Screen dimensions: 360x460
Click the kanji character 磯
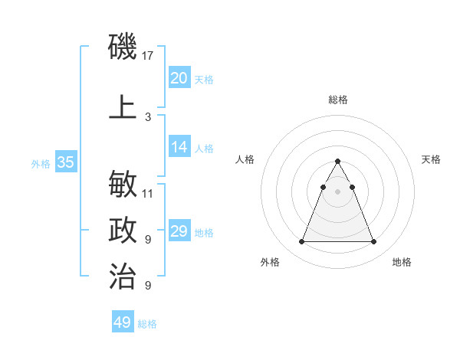(x=123, y=47)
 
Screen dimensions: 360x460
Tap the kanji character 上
(x=123, y=107)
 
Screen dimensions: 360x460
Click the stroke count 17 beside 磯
(x=148, y=56)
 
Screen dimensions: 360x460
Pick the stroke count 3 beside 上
(x=148, y=116)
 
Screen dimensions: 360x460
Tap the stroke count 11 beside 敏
(x=148, y=193)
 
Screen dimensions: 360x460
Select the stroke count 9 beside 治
(x=148, y=286)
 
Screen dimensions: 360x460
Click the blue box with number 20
(x=179, y=77)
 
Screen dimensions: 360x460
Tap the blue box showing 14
(x=179, y=147)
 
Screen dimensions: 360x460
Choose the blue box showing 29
(x=179, y=231)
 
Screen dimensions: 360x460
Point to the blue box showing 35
(x=65, y=162)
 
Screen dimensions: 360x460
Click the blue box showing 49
(x=123, y=322)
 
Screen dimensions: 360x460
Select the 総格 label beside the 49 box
(x=147, y=324)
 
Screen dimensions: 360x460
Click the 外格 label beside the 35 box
(x=41, y=163)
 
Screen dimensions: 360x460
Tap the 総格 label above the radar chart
(x=337, y=100)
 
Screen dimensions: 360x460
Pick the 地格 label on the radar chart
(x=402, y=263)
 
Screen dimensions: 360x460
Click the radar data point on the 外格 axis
(x=301, y=242)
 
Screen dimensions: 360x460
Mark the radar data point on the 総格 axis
(x=337, y=162)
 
